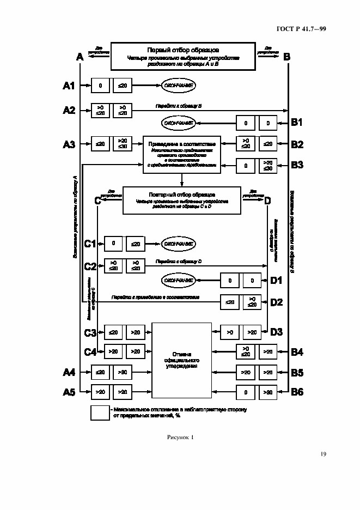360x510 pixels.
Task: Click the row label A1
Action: tap(69, 86)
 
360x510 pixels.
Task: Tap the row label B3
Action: tap(297, 165)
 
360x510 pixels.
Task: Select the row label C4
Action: tap(90, 352)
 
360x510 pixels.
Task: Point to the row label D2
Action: tap(276, 301)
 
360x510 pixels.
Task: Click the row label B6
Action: tap(297, 391)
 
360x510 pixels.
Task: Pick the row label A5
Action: tap(69, 391)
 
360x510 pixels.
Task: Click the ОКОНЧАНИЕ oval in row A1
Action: tap(178, 86)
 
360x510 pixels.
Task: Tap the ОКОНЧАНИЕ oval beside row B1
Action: tap(178, 123)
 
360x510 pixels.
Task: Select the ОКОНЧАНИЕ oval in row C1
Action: tap(178, 244)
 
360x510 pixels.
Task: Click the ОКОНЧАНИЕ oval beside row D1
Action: tap(178, 280)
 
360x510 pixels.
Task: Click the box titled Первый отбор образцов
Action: tap(183, 57)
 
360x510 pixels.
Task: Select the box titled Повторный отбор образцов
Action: tap(182, 201)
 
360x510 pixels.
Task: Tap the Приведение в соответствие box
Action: tap(182, 154)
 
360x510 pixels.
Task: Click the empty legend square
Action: tap(100, 412)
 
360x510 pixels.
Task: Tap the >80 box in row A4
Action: tap(122, 373)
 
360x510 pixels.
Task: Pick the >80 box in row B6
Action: tap(267, 391)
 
